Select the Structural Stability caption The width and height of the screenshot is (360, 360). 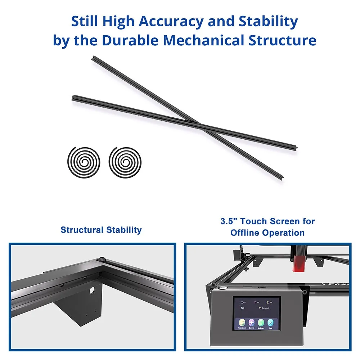101,230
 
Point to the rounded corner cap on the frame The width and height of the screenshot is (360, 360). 102,259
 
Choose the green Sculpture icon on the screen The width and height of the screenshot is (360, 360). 261,323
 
